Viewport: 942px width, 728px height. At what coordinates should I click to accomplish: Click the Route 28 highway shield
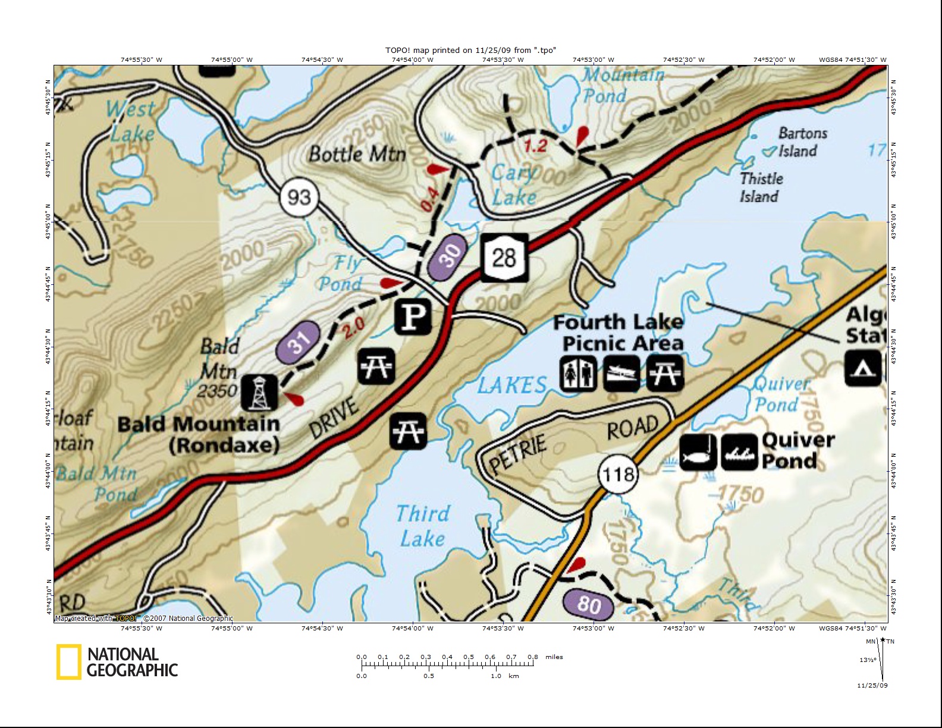pos(504,258)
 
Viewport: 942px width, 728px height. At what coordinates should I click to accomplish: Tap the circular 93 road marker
pos(299,196)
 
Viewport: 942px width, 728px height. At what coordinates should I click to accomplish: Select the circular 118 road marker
pos(618,475)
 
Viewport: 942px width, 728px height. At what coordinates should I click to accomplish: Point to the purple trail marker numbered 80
pos(589,604)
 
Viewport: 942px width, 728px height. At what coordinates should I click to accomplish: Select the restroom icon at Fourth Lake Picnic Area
pos(577,374)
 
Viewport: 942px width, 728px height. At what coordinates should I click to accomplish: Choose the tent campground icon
pos(863,368)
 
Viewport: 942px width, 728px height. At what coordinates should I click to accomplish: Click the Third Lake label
pos(422,526)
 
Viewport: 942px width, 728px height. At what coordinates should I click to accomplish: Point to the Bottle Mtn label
pos(357,155)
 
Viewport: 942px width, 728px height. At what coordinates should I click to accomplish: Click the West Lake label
pos(131,121)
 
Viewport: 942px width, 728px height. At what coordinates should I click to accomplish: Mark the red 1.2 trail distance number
pos(535,146)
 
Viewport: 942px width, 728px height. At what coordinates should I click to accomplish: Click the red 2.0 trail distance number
pos(353,327)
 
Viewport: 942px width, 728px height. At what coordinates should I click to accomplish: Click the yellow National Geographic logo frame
pos(69,662)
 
